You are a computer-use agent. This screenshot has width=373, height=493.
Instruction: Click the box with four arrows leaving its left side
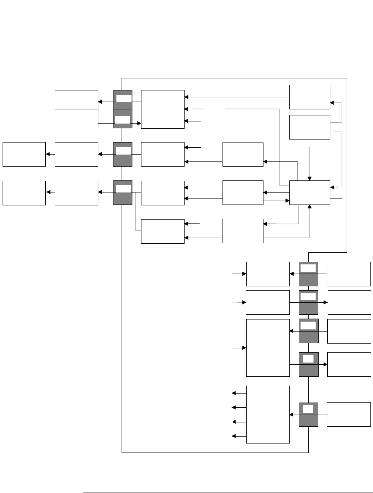[x=267, y=414]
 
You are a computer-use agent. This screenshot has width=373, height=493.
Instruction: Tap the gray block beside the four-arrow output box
[x=308, y=414]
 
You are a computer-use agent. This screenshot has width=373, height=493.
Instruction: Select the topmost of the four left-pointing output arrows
[x=235, y=393]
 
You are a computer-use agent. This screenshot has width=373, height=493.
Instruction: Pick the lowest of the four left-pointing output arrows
[x=235, y=436]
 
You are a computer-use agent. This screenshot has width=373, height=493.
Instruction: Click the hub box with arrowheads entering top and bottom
[x=310, y=192]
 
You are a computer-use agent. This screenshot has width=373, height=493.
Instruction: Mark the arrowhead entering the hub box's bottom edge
[x=310, y=207]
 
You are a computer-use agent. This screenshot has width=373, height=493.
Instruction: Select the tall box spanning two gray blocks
[x=267, y=347]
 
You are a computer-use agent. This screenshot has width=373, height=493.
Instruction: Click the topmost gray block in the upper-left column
[x=122, y=99]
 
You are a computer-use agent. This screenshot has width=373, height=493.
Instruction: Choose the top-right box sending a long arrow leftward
[x=310, y=97]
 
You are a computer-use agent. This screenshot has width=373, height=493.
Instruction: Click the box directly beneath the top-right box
[x=310, y=127]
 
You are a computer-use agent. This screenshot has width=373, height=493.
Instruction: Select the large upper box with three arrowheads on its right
[x=163, y=109]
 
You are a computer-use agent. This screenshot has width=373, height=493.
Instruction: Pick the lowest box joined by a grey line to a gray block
[x=163, y=231]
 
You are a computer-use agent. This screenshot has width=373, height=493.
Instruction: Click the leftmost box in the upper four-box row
[x=24, y=154]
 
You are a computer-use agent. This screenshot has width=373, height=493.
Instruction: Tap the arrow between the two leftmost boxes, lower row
[x=50, y=193]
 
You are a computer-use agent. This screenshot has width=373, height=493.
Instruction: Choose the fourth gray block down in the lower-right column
[x=308, y=364]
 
